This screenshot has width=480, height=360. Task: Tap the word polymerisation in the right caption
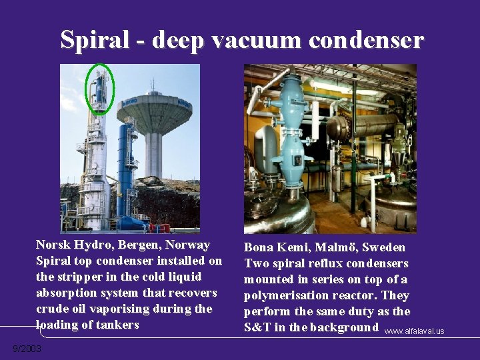279,295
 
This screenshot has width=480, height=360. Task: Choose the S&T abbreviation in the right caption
257,327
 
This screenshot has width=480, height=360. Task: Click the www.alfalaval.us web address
415,331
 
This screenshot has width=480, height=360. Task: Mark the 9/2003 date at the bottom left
27,349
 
